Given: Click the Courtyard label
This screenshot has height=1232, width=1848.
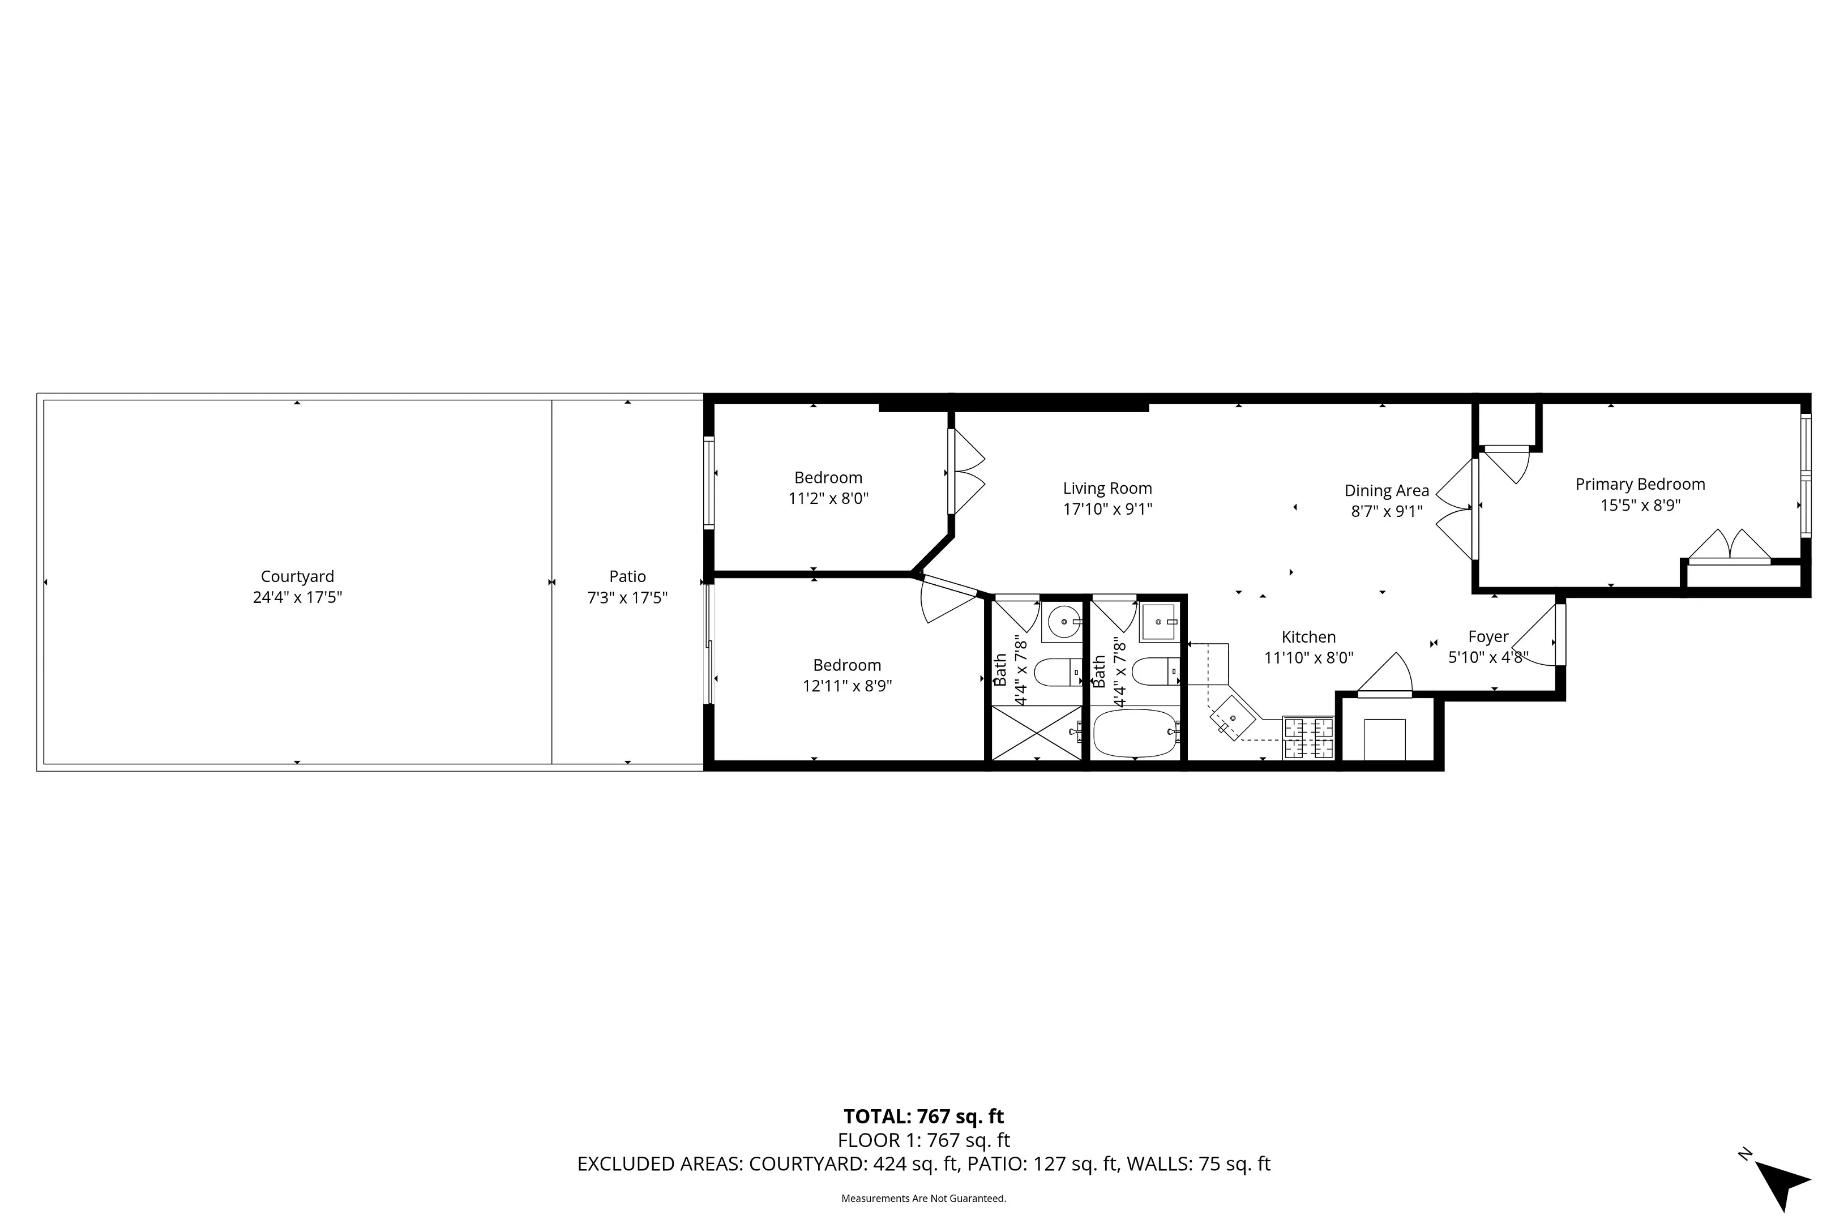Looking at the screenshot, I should point(297,577).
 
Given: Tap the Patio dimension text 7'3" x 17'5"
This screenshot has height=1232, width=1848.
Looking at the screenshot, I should point(627,598).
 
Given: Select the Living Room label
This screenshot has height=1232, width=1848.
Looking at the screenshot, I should point(1107,488).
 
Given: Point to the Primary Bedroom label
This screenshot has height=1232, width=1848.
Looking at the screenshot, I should point(1640,484).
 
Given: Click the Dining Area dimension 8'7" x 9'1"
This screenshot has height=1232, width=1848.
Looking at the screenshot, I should point(1386,511).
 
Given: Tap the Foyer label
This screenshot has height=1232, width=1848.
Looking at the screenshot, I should point(1488,636).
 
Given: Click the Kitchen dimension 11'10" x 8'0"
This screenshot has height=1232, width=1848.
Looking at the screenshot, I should point(1308,658).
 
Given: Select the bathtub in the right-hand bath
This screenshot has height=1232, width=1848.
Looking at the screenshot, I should point(1134,733).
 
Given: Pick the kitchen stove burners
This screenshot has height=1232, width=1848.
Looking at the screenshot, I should point(1308,738).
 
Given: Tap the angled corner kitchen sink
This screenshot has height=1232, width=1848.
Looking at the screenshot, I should point(1231,717).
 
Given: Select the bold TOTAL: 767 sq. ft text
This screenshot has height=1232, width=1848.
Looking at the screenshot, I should point(923,1116).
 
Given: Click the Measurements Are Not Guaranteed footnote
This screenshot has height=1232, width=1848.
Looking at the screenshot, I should point(923,1198).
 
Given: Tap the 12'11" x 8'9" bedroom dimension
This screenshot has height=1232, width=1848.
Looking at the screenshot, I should point(846,686).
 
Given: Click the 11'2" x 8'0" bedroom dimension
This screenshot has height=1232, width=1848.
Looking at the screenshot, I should point(828,498).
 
